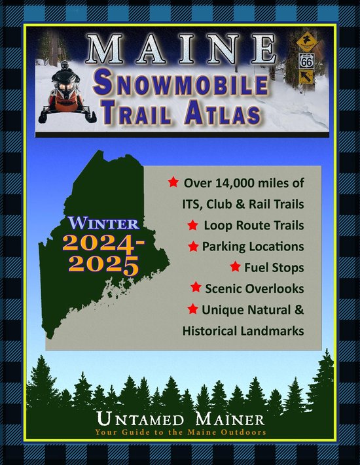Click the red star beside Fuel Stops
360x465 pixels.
236,267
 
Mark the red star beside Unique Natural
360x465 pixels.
191,309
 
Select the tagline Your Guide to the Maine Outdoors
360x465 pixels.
181,432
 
